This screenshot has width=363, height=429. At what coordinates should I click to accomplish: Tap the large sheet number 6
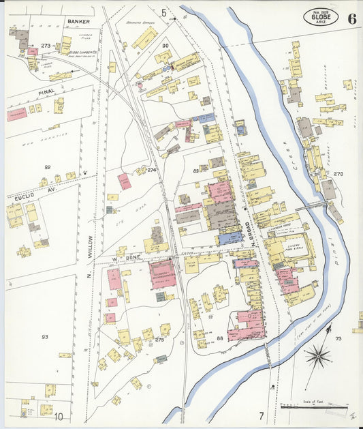pyautogui.click(x=351, y=18)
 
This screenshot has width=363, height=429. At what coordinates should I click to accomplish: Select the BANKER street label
pyautogui.click(x=78, y=22)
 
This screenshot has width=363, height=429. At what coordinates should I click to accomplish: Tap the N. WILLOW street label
pyautogui.click(x=89, y=265)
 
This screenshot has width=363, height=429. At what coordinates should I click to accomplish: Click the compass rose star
pyautogui.click(x=318, y=355)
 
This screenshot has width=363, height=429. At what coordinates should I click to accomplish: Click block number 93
pyautogui.click(x=45, y=337)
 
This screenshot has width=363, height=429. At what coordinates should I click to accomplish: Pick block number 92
pyautogui.click(x=47, y=167)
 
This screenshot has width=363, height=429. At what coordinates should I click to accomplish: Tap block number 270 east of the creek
pyautogui.click(x=338, y=174)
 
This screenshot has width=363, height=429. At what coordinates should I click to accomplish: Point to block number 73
pyautogui.click(x=338, y=338)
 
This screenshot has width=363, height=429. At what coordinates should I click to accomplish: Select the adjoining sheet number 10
pyautogui.click(x=59, y=416)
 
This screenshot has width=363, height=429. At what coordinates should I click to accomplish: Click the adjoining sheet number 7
pyautogui.click(x=260, y=415)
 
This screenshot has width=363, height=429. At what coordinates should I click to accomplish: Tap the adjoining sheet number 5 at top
pyautogui.click(x=163, y=12)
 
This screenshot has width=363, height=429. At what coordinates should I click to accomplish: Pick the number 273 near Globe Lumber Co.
pyautogui.click(x=46, y=46)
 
